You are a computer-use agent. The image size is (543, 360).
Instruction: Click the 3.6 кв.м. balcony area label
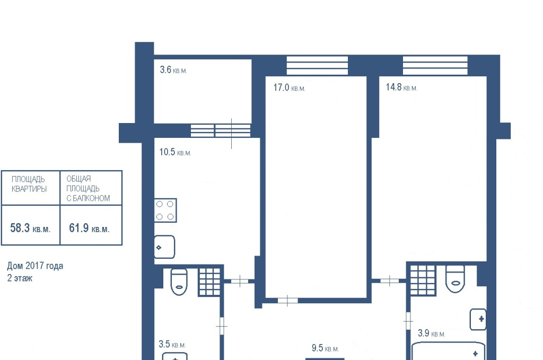[x=173, y=70]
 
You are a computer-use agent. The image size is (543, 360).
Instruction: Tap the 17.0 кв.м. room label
[x=289, y=87]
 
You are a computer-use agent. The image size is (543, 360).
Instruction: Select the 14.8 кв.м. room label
[x=401, y=87]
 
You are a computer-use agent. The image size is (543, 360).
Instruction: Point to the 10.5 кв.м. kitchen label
[x=175, y=152]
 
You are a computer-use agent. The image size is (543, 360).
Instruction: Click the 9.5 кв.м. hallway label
[x=325, y=348]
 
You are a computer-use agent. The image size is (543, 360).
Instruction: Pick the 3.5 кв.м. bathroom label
[x=172, y=345]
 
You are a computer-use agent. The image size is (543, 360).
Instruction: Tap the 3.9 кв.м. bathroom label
[x=432, y=333]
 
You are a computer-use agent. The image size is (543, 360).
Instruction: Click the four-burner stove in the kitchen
[x=165, y=210]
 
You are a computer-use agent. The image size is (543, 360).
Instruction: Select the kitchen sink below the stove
[x=164, y=247]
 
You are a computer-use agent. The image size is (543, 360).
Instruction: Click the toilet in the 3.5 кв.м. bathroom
[x=179, y=282]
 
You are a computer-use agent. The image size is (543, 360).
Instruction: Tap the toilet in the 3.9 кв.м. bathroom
[x=455, y=279]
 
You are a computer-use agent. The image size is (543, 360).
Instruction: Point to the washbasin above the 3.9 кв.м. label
[x=478, y=319]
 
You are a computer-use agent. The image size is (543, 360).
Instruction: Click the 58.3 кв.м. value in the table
[x=30, y=228]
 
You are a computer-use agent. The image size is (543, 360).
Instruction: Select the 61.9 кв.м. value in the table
[x=89, y=228]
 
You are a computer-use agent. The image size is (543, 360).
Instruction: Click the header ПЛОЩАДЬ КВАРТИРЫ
[x=29, y=184]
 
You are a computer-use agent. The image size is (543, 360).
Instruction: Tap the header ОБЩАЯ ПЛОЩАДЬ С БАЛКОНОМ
[x=89, y=188]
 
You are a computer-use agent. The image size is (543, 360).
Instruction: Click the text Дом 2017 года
[x=35, y=266]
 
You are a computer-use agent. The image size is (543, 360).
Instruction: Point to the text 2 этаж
[x=20, y=278]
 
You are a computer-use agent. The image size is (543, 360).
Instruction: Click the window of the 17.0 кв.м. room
[x=317, y=65]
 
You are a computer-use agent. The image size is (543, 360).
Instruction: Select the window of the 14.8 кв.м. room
[x=435, y=65]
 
